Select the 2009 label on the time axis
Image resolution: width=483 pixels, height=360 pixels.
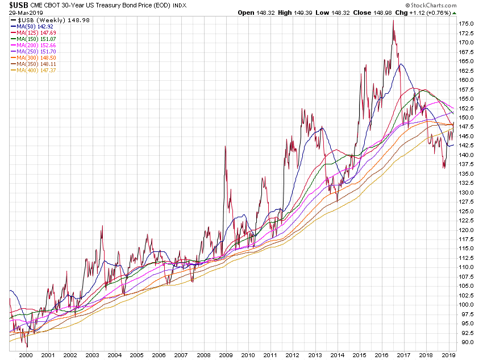[x=226, y=354]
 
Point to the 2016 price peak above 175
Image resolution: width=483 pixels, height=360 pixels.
[x=393, y=21]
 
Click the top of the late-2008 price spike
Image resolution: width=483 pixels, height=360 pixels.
[x=226, y=146]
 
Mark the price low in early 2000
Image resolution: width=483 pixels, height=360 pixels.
[x=26, y=346]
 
